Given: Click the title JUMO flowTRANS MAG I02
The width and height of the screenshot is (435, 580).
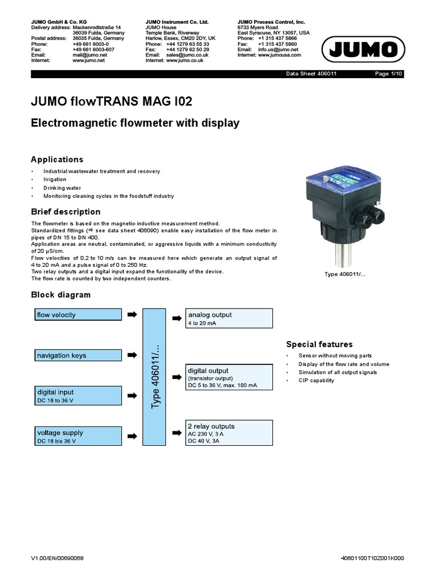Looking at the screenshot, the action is (111, 102).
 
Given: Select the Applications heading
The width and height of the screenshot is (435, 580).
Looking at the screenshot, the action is (57, 160).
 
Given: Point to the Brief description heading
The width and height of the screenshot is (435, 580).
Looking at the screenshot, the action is (65, 212).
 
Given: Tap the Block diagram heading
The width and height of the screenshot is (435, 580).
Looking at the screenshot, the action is (60, 295).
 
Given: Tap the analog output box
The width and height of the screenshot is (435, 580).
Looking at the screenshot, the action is (229, 318).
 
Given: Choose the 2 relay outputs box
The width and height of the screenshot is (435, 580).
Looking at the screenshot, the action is (229, 433).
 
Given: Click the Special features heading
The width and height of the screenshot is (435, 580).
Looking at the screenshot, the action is (319, 344).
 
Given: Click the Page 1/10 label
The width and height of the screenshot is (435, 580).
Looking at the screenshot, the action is (389, 74).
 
